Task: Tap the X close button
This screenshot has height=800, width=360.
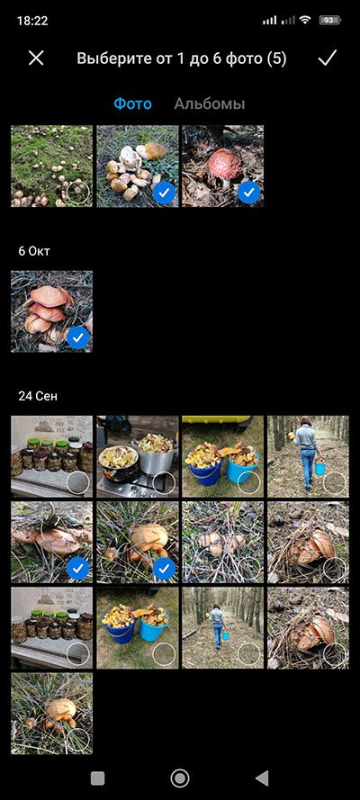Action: coord(36,58)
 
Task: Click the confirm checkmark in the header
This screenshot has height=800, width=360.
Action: coord(327,58)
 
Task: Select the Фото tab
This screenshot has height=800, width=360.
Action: coord(132,104)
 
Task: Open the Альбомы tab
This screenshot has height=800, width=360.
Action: coord(210,104)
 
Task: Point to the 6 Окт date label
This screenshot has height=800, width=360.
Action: coord(34,251)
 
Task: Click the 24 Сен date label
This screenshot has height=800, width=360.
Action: coord(38,397)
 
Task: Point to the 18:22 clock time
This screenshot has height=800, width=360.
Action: coord(32,21)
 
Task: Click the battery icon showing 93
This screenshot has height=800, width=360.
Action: coord(330,21)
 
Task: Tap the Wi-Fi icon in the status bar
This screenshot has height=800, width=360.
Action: coord(305,21)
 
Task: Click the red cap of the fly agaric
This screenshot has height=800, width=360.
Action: coord(224,164)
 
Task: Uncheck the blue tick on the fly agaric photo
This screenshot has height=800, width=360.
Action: coord(248,193)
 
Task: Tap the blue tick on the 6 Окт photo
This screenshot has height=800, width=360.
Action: coord(78,337)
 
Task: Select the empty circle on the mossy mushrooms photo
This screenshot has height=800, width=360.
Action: coord(78,193)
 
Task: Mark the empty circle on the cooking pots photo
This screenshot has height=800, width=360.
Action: coord(164,482)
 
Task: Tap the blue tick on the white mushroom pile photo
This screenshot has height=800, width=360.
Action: coord(164,193)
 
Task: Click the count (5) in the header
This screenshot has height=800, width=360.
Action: coord(276,58)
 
